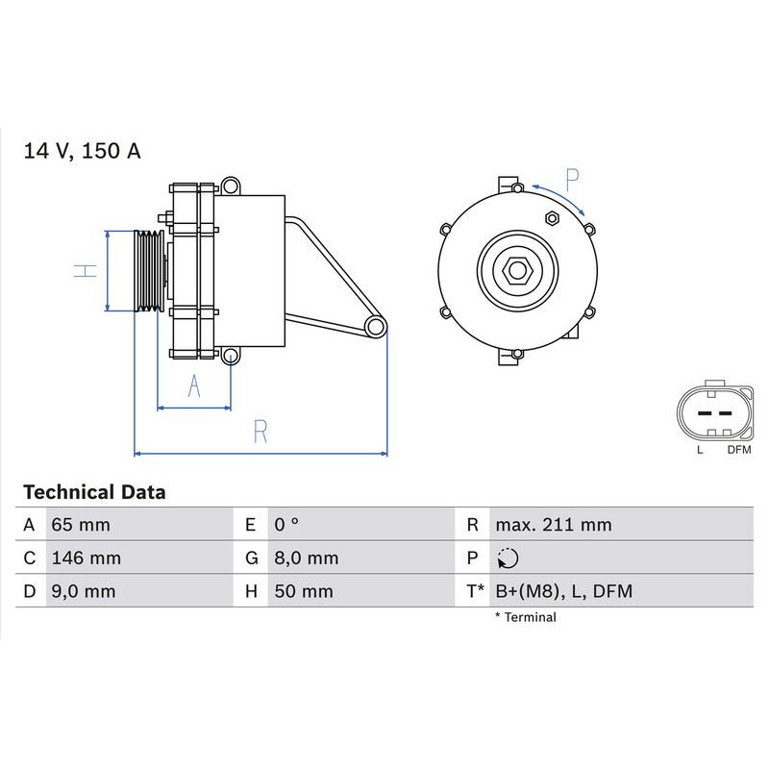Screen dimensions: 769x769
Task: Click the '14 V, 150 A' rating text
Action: [x=82, y=151]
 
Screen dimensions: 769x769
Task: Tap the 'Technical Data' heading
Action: [x=94, y=492]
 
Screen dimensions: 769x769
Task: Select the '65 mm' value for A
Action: [x=80, y=525]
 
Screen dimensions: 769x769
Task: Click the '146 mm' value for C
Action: [x=86, y=558]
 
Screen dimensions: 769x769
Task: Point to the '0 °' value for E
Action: [x=286, y=525]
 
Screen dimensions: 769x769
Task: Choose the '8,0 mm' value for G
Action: [x=305, y=558]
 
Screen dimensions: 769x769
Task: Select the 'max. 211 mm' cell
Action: [x=553, y=525]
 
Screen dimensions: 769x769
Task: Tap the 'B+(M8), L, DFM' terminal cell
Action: [x=564, y=591]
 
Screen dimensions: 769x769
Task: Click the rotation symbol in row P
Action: [x=509, y=558]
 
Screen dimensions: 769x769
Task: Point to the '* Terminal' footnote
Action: [x=525, y=617]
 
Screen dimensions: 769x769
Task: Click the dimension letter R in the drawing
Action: [x=260, y=432]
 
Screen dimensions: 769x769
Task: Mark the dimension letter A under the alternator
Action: [x=193, y=386]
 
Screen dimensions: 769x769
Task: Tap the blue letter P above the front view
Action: [x=572, y=180]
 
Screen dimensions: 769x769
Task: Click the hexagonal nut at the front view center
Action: [x=518, y=270]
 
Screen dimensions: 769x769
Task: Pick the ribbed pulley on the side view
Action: [x=148, y=270]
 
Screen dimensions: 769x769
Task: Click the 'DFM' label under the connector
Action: [x=739, y=449]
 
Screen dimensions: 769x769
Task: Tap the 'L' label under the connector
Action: [x=700, y=449]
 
